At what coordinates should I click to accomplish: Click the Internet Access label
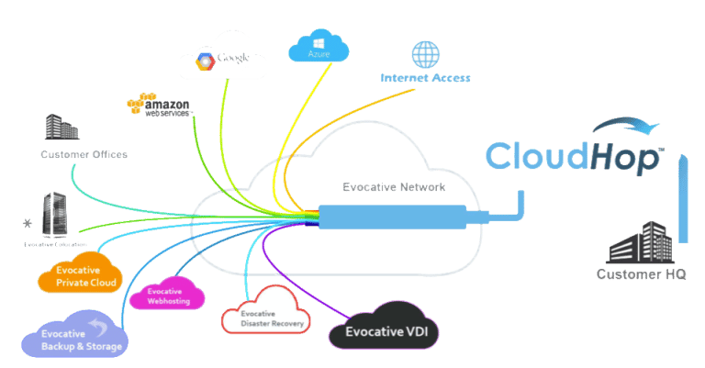425,78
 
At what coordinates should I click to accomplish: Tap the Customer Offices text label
84,155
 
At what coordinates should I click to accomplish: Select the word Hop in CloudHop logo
623,157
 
